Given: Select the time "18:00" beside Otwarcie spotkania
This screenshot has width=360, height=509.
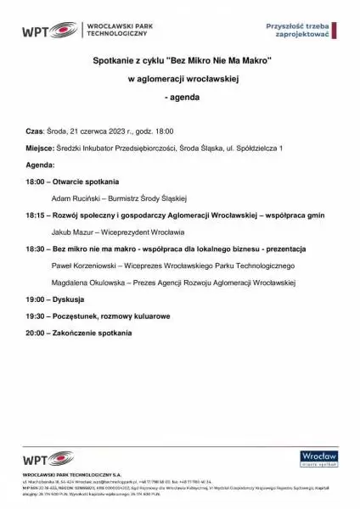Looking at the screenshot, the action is (x=36, y=182).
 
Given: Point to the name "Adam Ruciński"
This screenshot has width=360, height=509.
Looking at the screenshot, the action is (x=73, y=198).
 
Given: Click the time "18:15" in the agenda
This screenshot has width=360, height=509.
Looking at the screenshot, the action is (x=36, y=215).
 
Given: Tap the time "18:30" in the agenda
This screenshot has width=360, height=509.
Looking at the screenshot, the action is (x=36, y=249).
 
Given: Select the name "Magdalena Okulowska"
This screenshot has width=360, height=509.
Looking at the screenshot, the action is (x=88, y=282).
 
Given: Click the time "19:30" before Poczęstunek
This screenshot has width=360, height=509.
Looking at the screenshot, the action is (x=36, y=316).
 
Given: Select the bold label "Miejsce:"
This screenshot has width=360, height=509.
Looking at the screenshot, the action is (x=40, y=148).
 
